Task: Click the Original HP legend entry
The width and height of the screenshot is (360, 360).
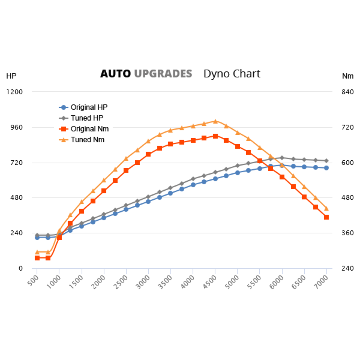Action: coord(89,107)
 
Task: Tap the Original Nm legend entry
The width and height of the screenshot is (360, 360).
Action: coord(89,129)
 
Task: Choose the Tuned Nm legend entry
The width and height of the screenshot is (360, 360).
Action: coord(88,140)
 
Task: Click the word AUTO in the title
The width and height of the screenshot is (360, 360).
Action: coord(115,74)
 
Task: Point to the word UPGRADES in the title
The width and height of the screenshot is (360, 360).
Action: coord(163,74)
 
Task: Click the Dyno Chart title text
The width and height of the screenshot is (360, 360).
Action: coord(232,74)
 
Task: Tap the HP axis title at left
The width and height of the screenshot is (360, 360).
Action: coord(11,76)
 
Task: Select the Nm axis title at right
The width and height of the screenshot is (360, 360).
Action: coord(348,76)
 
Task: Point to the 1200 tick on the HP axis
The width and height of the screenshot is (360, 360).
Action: coord(15,92)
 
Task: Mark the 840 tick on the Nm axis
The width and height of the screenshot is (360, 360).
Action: coord(348,92)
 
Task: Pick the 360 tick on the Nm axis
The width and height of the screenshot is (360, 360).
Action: coord(348,233)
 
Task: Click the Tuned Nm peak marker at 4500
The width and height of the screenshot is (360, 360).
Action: coord(215,121)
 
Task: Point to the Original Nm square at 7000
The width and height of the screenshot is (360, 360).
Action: coord(326,217)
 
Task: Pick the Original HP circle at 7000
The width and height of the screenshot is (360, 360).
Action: coord(326,168)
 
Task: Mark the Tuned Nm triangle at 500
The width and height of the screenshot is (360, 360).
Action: coord(37,252)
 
